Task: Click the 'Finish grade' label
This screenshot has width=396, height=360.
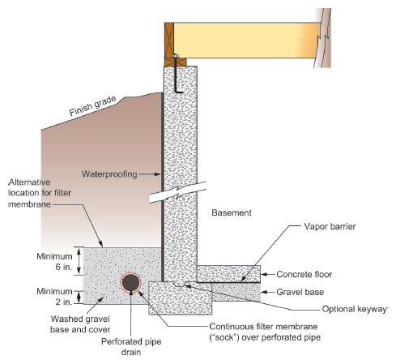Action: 92,106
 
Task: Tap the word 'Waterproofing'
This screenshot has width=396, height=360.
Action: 109,174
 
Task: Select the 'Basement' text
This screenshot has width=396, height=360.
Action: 232,212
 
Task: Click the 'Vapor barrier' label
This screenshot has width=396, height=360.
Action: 330,226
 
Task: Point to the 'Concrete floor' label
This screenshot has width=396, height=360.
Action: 304,274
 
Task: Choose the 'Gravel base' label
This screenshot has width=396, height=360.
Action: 300,292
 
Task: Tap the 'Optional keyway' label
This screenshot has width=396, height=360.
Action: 355,309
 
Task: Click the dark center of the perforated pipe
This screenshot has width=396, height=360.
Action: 130,282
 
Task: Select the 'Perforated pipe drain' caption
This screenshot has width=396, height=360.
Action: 131,347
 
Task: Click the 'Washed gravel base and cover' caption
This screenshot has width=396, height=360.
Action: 80,324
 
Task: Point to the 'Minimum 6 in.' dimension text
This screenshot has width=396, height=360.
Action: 55,261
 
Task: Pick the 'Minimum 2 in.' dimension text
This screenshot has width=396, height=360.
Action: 55,297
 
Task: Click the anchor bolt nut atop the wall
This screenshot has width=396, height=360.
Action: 175,56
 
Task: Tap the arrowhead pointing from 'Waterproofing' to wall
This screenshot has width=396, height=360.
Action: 158,174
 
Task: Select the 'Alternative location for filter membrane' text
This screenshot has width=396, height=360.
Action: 40,193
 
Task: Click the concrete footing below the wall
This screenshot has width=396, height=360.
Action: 180,298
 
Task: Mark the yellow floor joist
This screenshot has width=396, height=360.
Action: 247,40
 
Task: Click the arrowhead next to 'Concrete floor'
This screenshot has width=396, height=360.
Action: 264,274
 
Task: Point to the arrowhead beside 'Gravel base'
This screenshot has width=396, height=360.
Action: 264,292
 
